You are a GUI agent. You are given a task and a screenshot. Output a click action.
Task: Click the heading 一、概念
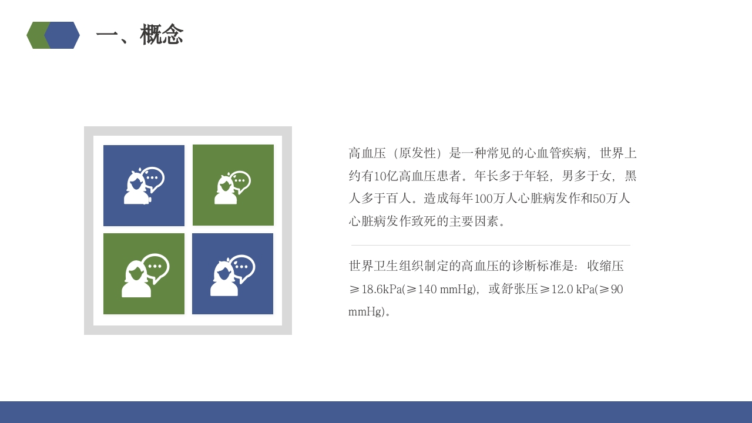[x=140, y=35]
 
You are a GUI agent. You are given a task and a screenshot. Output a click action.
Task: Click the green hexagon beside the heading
[x=35, y=35]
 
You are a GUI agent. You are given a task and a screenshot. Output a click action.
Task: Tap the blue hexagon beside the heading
[x=63, y=35]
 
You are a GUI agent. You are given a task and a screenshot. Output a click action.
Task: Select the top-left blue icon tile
[x=144, y=186]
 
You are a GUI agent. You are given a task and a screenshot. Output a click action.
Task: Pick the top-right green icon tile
[x=233, y=185]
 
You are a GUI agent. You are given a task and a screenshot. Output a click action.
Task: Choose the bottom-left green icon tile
[x=144, y=274]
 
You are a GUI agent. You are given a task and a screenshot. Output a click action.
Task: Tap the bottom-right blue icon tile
[x=233, y=274]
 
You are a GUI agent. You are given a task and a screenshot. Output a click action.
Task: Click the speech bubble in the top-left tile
[x=153, y=178]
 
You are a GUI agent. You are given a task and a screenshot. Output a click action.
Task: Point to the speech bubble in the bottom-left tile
[x=155, y=267]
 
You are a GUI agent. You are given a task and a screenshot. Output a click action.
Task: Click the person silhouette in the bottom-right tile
[x=224, y=280]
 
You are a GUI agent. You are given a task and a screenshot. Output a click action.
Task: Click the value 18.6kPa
[x=381, y=290]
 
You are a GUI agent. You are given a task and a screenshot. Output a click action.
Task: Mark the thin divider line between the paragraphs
[x=491, y=245]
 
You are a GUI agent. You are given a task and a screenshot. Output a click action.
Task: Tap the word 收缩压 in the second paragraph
[x=605, y=266]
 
